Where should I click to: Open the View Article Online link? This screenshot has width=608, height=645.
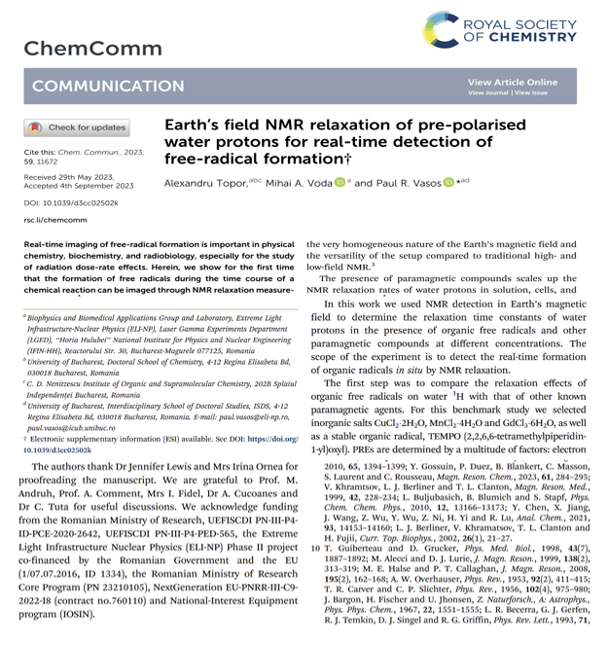click(513, 82)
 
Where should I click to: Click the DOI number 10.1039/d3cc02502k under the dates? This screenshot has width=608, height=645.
click(71, 202)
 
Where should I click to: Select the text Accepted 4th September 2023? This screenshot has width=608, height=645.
click(80, 185)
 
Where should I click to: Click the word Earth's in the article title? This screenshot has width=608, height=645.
click(197, 125)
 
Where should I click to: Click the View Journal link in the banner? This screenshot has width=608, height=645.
click(488, 93)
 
